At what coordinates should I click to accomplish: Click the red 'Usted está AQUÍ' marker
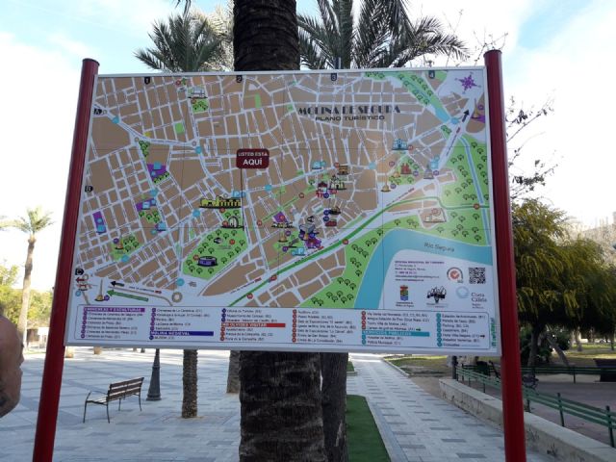[252, 159]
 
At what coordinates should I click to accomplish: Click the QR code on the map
[476, 275]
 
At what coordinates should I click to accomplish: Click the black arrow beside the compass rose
[465, 115]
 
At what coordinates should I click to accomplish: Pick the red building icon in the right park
[405, 168]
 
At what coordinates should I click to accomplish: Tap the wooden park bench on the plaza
[114, 395]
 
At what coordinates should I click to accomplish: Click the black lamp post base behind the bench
[154, 390]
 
